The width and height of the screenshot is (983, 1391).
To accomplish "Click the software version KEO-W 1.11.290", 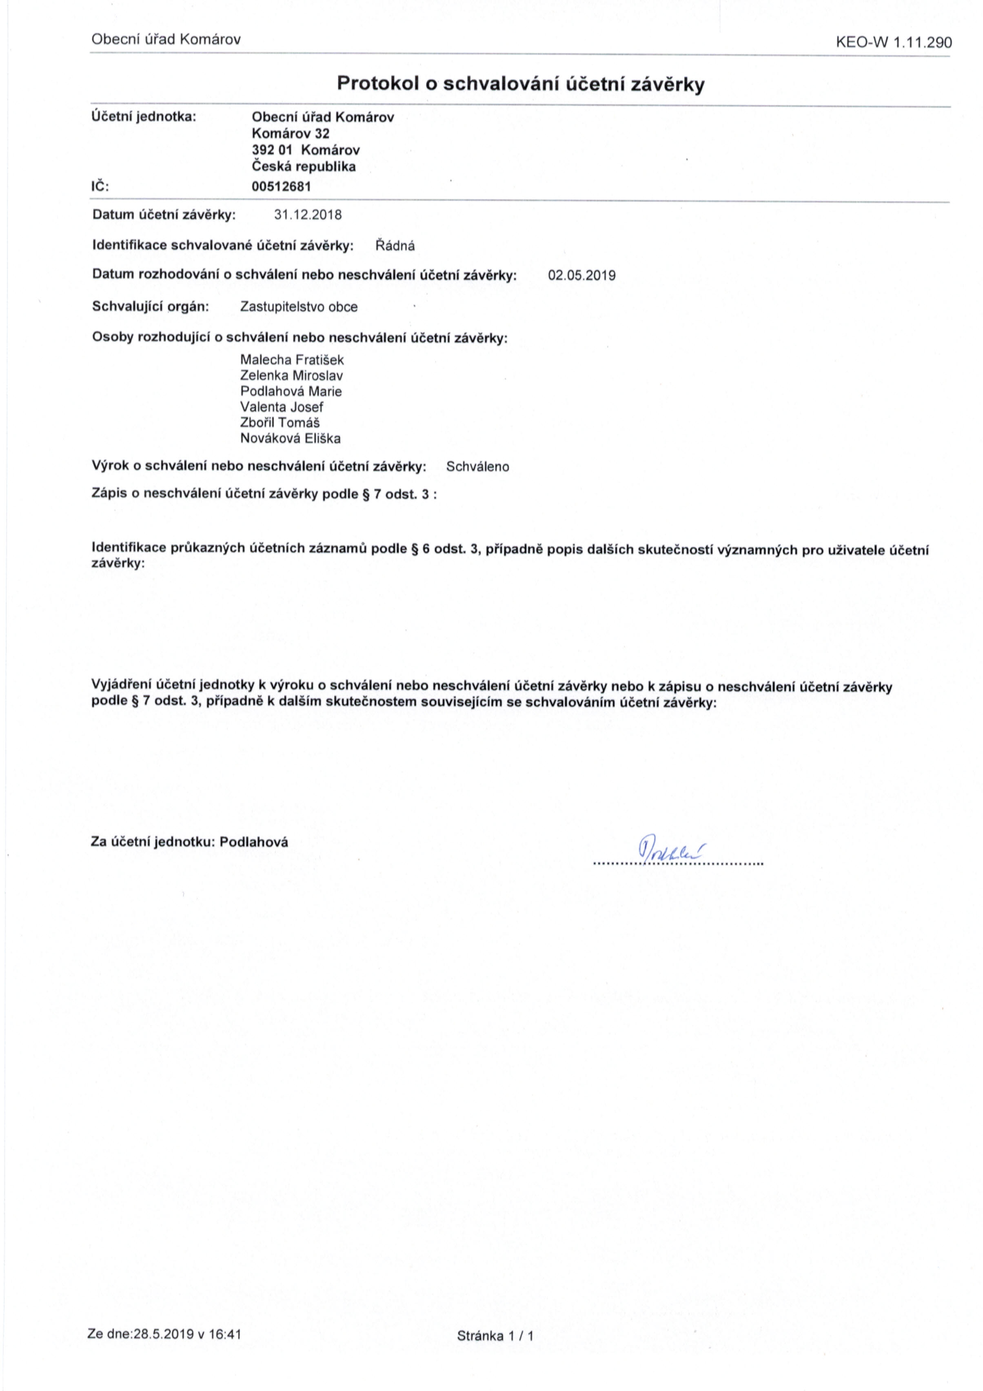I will (893, 42).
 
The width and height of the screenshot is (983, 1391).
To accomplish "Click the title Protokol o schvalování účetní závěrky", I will (521, 84).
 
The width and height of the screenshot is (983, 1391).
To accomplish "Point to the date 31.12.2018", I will (308, 215).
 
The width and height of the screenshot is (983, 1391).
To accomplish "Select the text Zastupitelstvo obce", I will (299, 307).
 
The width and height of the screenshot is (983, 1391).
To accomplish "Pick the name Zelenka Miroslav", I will (291, 376).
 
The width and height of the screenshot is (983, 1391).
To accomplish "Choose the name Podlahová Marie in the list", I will (291, 391).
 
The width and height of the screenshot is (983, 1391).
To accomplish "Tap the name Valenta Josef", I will (282, 407).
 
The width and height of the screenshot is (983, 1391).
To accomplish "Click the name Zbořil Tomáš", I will (280, 423).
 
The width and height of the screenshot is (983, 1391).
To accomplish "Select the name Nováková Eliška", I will (290, 439).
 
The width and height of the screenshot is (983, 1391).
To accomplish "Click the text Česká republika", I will (304, 166).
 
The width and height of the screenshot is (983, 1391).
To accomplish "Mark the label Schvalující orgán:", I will (150, 306).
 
